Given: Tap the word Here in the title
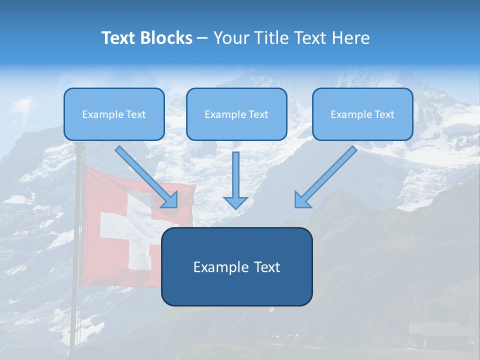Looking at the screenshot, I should pos(350,38).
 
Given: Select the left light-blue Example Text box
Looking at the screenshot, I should pos(114,114).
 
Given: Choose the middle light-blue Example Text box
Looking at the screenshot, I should pos(236,114).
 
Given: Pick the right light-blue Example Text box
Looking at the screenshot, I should pos(362,114).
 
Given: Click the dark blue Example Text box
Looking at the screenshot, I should pos(236,266).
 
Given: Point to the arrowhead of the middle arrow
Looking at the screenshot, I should pos(235,201).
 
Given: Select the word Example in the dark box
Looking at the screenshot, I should pos(218,267).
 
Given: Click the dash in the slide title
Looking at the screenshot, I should pos(202,38).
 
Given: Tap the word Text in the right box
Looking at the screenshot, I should pos(384,114).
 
